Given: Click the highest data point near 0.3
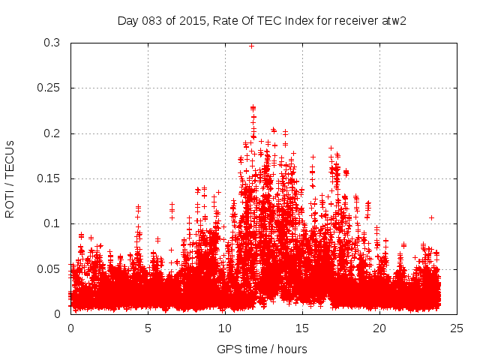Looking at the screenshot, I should pos(251,46).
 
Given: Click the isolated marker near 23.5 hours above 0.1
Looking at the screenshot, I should pos(431,217).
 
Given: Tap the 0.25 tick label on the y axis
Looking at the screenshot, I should pos(50,88).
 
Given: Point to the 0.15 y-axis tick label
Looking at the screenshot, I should pos(50,178).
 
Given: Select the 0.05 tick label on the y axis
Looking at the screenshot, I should pos(50,268).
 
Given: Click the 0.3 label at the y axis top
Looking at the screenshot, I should pos(53,43).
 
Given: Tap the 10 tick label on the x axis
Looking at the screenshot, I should pos(225,328).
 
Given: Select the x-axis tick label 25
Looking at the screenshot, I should pos(457,328).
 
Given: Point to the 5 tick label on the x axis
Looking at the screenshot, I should pos(148,328).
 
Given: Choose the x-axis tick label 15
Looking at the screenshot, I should pos(302,328).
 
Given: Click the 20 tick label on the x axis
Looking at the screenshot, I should pos(379,328).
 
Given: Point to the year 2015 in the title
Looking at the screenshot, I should pos(190,20).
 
